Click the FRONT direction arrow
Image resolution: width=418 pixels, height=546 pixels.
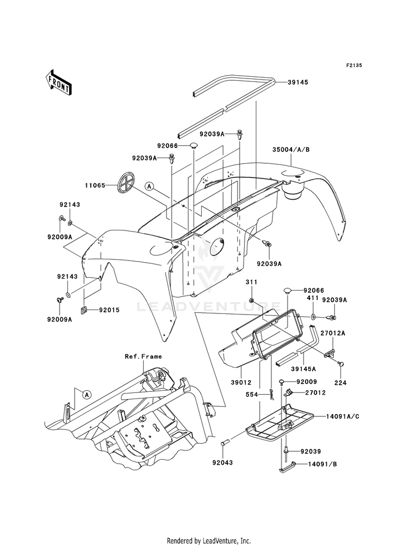pyautogui.click(x=58, y=82)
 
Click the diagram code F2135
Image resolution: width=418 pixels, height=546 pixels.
pyautogui.click(x=354, y=65)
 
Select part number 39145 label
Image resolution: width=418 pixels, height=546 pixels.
pyautogui.click(x=298, y=82)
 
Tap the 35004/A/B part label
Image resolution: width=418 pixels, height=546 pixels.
pyautogui.click(x=291, y=150)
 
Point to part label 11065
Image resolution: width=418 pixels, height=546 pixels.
pyautogui.click(x=95, y=185)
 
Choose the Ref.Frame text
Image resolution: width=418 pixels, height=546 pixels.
pyautogui.click(x=143, y=357)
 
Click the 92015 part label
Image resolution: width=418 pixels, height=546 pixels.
pyautogui.click(x=109, y=310)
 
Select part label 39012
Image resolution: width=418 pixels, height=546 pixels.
pyautogui.click(x=241, y=382)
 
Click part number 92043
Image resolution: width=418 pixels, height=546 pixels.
pyautogui.click(x=222, y=463)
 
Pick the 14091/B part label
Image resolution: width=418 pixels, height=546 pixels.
pyautogui.click(x=323, y=464)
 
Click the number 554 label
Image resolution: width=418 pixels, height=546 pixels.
pyautogui.click(x=252, y=395)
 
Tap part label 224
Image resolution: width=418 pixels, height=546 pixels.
pyautogui.click(x=341, y=383)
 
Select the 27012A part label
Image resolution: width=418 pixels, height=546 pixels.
pyautogui.click(x=333, y=333)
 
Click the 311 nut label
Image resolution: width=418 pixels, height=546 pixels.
pyautogui.click(x=251, y=282)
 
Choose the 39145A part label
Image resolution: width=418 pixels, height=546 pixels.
pyautogui.click(x=303, y=369)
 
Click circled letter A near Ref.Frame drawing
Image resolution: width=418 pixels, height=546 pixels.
pyautogui.click(x=87, y=395)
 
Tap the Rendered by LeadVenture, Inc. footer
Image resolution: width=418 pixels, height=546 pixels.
pyautogui.click(x=209, y=541)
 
